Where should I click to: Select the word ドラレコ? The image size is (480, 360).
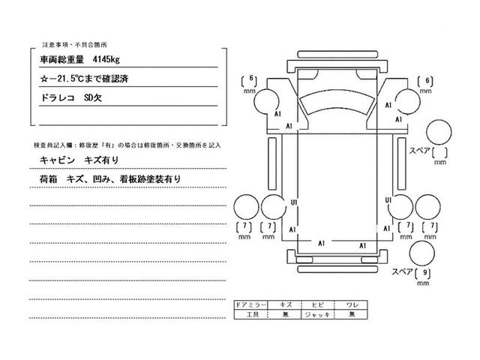click(x=55, y=97)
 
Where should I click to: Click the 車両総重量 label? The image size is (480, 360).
click(x=60, y=57)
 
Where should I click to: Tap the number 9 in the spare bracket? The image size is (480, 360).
click(x=427, y=274)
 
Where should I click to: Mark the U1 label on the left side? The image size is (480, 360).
click(x=294, y=202)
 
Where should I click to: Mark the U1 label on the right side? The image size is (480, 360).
click(x=388, y=202)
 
